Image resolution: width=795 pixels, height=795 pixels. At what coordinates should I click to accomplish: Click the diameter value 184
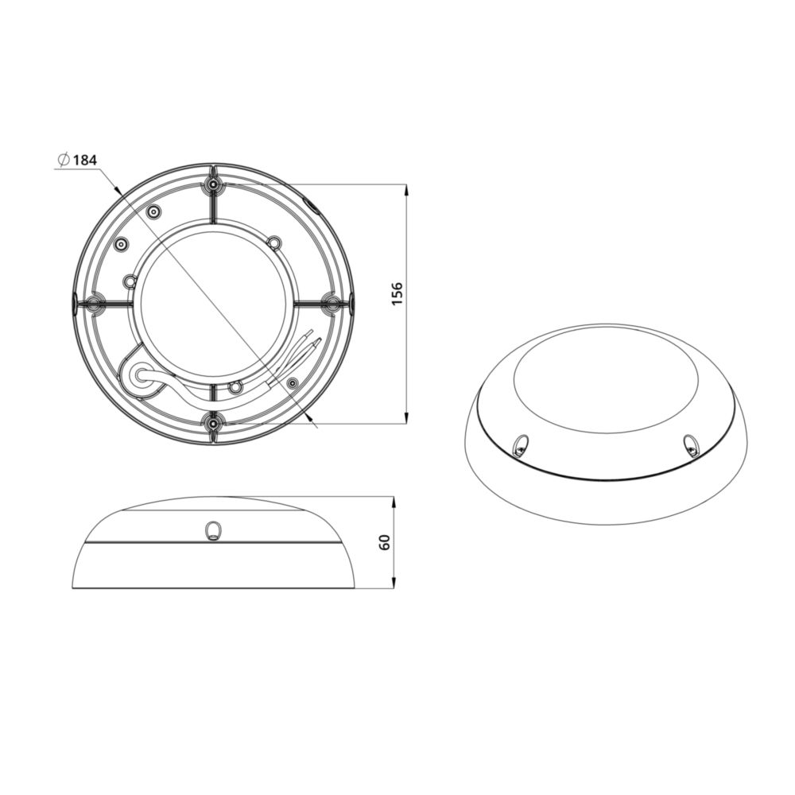click(x=85, y=161)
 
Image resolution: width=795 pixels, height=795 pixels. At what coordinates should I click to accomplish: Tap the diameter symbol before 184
click(x=64, y=161)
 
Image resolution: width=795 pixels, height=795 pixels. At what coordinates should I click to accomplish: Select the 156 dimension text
click(x=397, y=293)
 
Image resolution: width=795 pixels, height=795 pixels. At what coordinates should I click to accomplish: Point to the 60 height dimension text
click(x=385, y=542)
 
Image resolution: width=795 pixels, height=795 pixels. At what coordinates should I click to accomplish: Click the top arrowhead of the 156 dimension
click(x=406, y=190)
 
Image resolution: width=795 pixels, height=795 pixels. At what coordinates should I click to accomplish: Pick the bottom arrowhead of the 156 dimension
click(x=406, y=417)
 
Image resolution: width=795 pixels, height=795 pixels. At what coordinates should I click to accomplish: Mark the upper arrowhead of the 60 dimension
click(x=394, y=503)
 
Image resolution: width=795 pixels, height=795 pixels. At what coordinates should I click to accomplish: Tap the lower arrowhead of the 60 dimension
click(x=394, y=582)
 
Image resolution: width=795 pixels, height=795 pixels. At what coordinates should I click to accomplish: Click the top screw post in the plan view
click(x=213, y=184)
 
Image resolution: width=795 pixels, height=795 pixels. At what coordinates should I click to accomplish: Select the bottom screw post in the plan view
click(x=213, y=422)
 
